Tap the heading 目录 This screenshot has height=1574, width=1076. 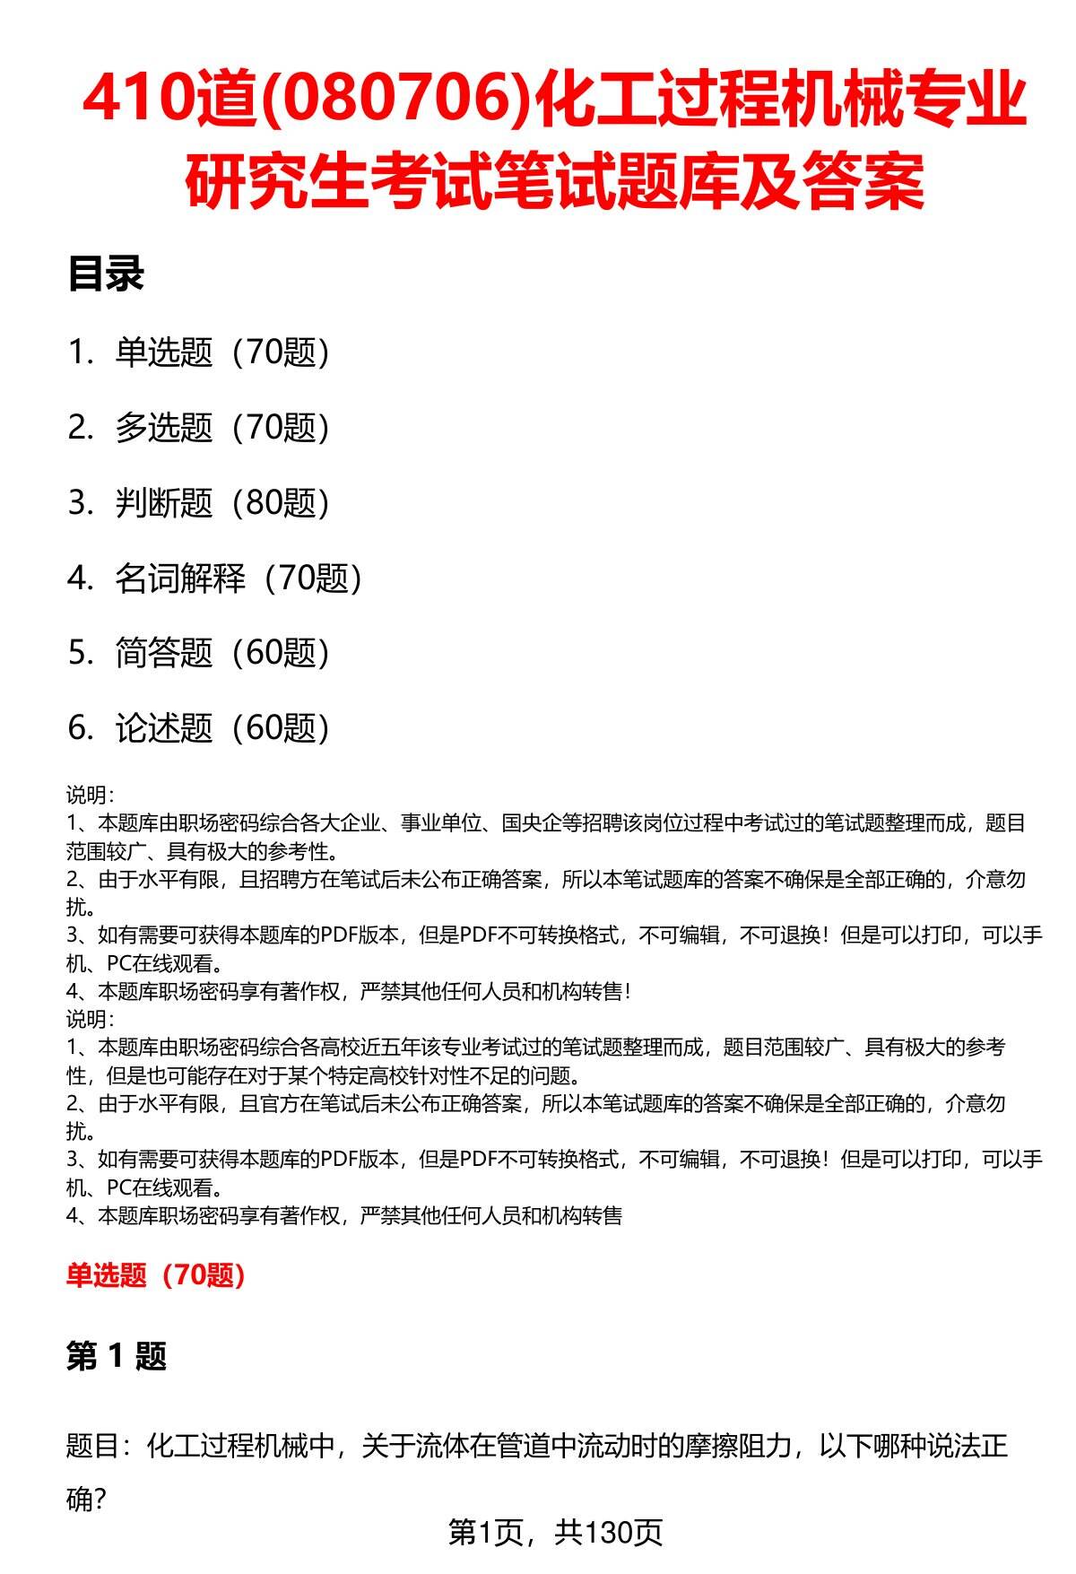[105, 274]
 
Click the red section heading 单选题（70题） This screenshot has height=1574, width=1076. [156, 1274]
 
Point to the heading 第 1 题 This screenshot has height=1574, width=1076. [117, 1356]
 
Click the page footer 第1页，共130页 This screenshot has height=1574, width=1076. [555, 1532]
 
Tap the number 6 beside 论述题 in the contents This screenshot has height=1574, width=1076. [79, 728]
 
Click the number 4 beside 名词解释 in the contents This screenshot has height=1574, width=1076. [79, 578]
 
